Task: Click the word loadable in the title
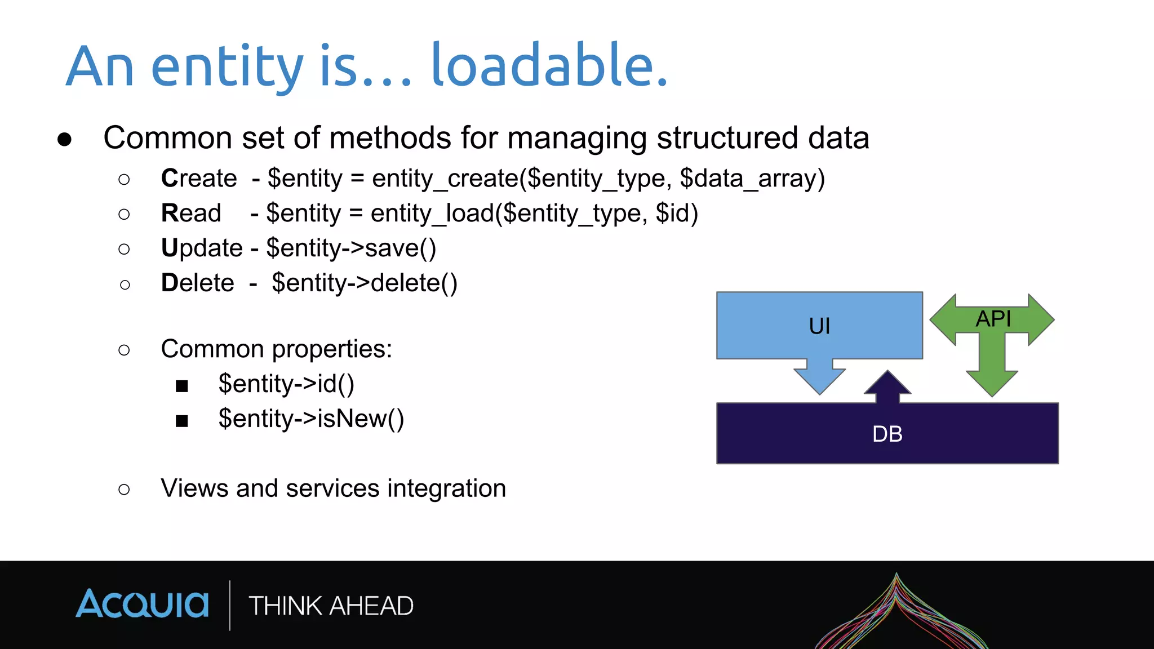click(x=549, y=66)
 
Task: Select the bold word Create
click(x=199, y=179)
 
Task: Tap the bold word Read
click(x=191, y=214)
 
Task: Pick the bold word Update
click(x=202, y=248)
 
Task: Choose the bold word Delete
click(x=197, y=283)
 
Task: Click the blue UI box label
click(x=819, y=326)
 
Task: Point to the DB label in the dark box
click(x=887, y=434)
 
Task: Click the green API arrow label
click(x=993, y=319)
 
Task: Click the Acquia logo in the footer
click(x=142, y=604)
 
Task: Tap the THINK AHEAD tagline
click(x=331, y=606)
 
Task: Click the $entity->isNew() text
click(x=311, y=419)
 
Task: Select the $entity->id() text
click(x=286, y=384)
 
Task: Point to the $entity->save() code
click(x=351, y=248)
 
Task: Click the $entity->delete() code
click(x=365, y=283)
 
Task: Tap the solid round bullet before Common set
click(x=65, y=139)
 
